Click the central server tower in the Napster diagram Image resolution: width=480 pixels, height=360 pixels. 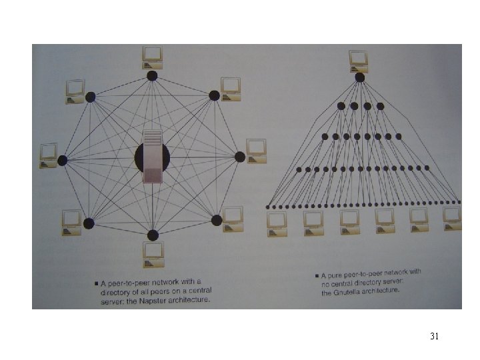153,158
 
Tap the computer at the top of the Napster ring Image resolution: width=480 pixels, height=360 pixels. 153,57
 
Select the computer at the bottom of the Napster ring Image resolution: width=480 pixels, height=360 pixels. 153,254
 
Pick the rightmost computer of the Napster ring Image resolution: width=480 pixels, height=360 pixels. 255,150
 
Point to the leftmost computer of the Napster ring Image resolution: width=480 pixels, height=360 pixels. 49,155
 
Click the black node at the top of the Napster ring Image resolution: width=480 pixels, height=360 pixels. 152,75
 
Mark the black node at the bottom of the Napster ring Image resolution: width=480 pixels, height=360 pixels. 153,235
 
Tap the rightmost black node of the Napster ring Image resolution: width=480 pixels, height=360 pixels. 240,157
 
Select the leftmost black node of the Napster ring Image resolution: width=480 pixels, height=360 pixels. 63,160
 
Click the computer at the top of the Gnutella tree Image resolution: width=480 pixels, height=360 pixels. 359,61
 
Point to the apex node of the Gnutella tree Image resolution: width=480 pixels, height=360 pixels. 360,77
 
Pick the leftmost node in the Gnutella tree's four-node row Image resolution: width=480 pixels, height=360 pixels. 341,105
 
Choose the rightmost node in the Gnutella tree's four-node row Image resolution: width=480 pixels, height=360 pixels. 380,105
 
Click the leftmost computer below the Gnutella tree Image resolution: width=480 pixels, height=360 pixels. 277,222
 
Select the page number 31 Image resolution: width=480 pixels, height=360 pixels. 435,336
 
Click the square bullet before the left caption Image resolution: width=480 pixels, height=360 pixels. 96,283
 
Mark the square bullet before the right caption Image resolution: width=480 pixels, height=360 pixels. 317,276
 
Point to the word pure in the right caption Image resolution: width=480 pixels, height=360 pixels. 337,275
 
